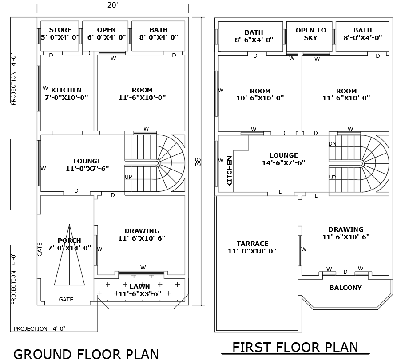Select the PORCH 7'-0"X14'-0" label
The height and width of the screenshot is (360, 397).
(69, 245)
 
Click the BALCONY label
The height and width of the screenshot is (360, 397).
(345, 288)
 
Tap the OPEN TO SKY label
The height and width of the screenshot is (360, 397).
(311, 34)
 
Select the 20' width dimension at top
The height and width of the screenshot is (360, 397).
(112, 5)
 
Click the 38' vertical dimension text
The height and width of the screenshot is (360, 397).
(198, 161)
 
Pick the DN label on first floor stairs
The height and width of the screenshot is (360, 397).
(332, 143)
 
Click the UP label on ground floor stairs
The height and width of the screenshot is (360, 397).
(128, 177)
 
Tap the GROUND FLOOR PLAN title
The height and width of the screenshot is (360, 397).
(86, 353)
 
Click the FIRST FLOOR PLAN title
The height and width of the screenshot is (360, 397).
(295, 347)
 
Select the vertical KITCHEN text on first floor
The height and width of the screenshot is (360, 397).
(230, 171)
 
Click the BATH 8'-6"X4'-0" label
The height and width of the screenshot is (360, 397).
(254, 36)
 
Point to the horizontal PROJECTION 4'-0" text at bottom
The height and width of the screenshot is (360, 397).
(40, 329)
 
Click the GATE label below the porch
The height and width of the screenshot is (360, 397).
(66, 300)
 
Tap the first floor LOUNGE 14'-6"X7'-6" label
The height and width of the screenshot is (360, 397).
(284, 159)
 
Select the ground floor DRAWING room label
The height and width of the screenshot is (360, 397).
(142, 234)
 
